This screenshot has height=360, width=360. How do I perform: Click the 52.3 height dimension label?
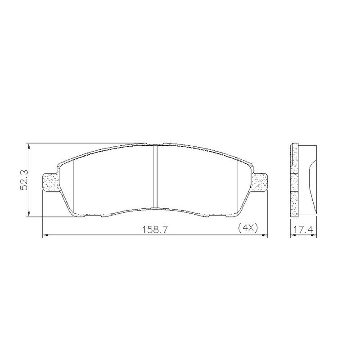click(x=24, y=180)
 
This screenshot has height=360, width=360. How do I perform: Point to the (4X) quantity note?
click(x=248, y=228)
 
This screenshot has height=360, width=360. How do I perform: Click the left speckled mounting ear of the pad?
click(x=50, y=182)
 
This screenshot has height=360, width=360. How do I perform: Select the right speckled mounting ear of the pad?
click(x=260, y=182)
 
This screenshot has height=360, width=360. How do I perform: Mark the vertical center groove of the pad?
click(x=155, y=176)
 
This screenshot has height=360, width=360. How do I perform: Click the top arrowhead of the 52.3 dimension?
click(x=29, y=146)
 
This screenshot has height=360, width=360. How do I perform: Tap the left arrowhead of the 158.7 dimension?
click(x=45, y=235)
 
